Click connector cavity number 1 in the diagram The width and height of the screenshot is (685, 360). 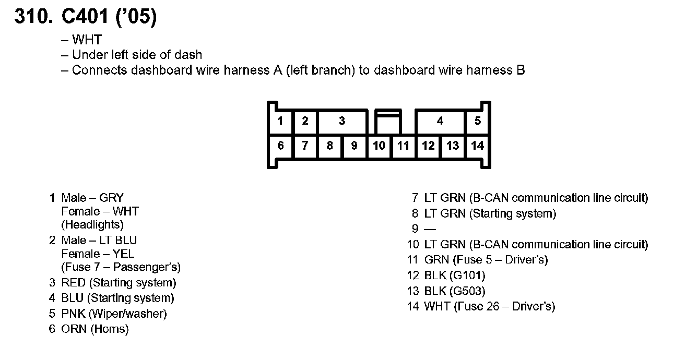[x=280, y=121]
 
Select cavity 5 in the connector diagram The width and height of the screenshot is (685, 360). [x=477, y=121]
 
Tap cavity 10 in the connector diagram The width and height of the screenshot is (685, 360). [x=379, y=146]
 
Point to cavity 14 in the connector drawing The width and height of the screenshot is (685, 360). [x=477, y=146]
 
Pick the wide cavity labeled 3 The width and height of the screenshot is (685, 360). [x=341, y=121]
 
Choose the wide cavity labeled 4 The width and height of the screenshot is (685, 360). [x=440, y=121]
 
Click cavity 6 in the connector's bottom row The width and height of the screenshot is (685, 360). [x=280, y=146]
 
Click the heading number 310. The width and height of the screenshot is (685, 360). [x=33, y=18]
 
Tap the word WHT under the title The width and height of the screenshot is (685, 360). [x=87, y=40]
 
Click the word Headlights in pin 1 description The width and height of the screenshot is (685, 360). [x=92, y=225]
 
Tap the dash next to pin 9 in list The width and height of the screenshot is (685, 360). [x=430, y=229]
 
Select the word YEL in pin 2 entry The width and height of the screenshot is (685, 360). [x=123, y=254]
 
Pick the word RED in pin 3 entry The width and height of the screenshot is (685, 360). [x=73, y=283]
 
